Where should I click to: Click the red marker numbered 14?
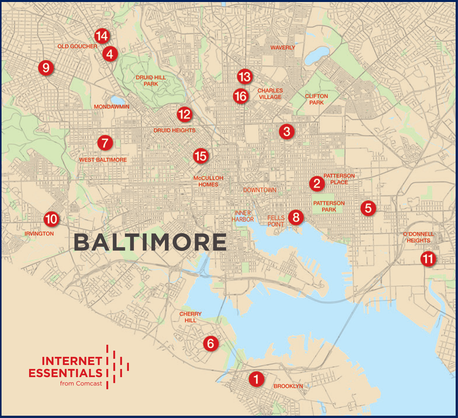(x=102, y=36)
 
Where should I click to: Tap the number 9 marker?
(x=46, y=68)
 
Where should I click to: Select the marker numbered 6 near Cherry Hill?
(x=211, y=343)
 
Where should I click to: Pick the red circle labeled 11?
(x=428, y=259)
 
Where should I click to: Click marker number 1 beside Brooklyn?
(x=256, y=379)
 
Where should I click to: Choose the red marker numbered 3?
(x=287, y=131)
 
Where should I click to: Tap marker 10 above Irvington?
(x=51, y=219)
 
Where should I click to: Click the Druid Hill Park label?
(x=151, y=80)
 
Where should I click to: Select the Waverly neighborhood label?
(x=283, y=47)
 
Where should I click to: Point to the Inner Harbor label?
(x=243, y=216)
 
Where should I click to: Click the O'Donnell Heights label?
(x=418, y=237)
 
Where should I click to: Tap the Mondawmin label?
(x=112, y=107)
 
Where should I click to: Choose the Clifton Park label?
(x=316, y=99)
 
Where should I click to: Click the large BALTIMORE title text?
(x=150, y=242)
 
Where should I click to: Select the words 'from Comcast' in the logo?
(x=81, y=384)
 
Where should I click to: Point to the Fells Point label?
(x=276, y=221)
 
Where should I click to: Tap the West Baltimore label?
(x=103, y=160)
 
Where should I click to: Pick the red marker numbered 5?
(x=368, y=208)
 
